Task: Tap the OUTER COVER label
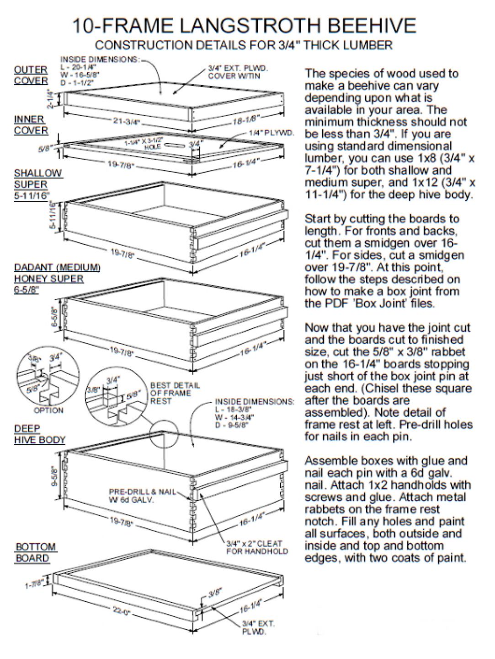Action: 31,75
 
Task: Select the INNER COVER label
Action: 31,124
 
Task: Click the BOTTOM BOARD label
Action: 36,552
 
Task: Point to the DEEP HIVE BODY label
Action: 39,434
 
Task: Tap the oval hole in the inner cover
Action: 173,146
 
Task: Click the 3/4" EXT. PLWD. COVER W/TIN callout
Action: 238,72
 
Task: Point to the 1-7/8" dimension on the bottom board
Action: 34,583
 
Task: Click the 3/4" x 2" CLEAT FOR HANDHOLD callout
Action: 257,547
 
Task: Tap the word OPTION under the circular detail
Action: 48,411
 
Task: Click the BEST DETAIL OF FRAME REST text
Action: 175,393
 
